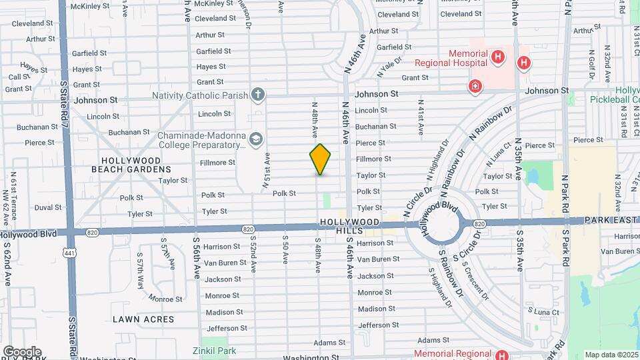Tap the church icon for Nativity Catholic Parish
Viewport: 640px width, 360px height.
pos(258,94)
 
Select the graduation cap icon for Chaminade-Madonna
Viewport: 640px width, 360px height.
pos(256,139)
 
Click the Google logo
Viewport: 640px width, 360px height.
pos(22,351)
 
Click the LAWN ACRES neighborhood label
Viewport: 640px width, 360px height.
pos(143,319)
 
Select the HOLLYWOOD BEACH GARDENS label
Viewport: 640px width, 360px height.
pos(131,165)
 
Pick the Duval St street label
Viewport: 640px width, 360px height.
pos(48,207)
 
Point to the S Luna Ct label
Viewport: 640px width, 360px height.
pos(543,311)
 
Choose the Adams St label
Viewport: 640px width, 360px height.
pos(329,343)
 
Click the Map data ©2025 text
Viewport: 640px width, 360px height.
pos(611,355)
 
